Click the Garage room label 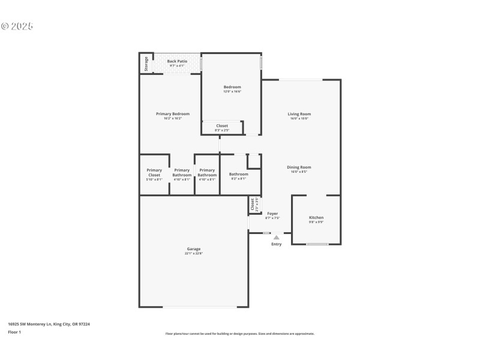pyautogui.click(x=193, y=248)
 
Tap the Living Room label pyautogui.click(x=299, y=114)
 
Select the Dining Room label pyautogui.click(x=299, y=167)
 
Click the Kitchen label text pyautogui.click(x=316, y=217)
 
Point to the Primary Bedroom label pyautogui.click(x=173, y=114)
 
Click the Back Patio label pyautogui.click(x=177, y=61)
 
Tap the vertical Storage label pyautogui.click(x=146, y=63)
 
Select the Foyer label pyautogui.click(x=272, y=214)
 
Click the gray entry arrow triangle pyautogui.click(x=277, y=238)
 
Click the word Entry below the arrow pyautogui.click(x=277, y=244)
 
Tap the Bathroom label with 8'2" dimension pyautogui.click(x=238, y=174)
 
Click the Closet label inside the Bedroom pyautogui.click(x=222, y=126)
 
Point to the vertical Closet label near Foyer pyautogui.click(x=253, y=204)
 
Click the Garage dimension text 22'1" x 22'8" pyautogui.click(x=193, y=253)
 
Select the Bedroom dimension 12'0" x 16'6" pyautogui.click(x=232, y=92)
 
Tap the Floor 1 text pyautogui.click(x=14, y=332)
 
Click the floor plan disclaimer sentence pyautogui.click(x=239, y=334)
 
